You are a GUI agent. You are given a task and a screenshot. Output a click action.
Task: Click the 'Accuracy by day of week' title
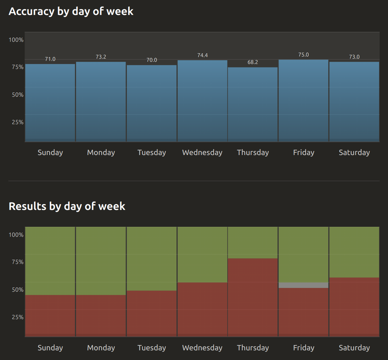click(71, 11)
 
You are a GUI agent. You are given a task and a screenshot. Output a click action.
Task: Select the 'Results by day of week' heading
click(67, 206)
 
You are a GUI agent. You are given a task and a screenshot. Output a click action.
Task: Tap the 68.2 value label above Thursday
click(253, 62)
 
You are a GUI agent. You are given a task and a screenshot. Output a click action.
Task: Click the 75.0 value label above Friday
click(303, 54)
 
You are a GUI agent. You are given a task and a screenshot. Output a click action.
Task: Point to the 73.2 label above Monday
click(101, 57)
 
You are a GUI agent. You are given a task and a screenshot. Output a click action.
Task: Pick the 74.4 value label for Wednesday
click(203, 55)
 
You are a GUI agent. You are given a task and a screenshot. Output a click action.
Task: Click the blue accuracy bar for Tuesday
click(151, 103)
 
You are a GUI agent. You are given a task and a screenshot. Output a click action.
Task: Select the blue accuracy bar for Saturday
click(354, 102)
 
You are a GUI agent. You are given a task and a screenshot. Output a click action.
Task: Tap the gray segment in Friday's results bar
click(303, 285)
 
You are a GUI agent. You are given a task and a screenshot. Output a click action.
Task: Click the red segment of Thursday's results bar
click(253, 297)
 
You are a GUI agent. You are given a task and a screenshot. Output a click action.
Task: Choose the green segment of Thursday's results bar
click(253, 243)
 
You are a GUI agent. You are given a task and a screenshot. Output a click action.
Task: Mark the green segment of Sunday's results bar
click(50, 261)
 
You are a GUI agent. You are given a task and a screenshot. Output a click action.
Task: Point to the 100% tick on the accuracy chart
click(16, 40)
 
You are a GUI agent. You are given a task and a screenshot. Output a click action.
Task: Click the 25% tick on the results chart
click(16, 317)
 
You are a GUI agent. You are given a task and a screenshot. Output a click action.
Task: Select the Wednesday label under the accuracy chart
click(202, 153)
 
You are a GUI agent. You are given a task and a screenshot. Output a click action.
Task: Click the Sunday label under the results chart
click(50, 348)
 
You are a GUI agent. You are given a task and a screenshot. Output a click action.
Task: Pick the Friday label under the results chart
click(303, 348)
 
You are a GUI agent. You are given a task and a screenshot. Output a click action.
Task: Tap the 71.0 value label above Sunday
click(50, 59)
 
